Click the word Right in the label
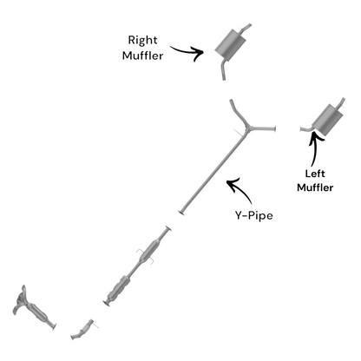point(142,40)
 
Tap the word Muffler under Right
point(142,56)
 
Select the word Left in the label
point(315,174)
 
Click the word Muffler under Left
point(315,187)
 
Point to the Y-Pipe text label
point(253,215)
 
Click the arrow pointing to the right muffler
point(188,52)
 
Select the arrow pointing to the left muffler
point(315,148)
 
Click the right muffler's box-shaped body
point(231,45)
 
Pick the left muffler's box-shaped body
point(328,120)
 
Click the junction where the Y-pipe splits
point(248,127)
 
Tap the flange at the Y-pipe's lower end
point(181,213)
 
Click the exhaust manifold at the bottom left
point(20,299)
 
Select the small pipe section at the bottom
point(82,330)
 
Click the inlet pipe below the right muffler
point(223,69)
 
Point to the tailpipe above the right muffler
point(246,29)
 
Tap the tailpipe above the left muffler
point(341,103)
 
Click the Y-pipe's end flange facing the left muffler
point(274,128)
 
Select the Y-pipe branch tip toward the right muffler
point(231,101)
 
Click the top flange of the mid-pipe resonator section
point(168,228)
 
